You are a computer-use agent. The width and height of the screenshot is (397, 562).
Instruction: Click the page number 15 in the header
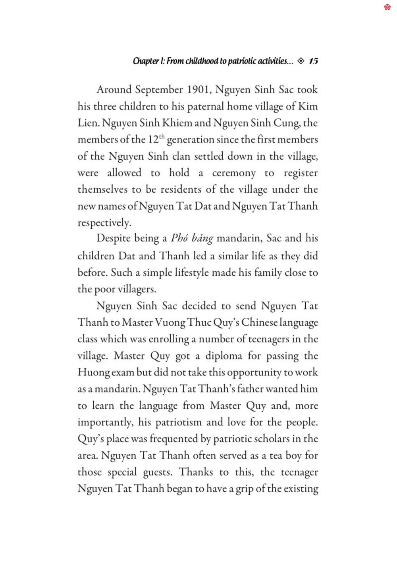coord(313,61)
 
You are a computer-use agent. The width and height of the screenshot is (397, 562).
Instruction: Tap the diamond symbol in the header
coord(301,61)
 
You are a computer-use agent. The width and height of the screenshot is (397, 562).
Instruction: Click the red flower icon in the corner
coord(387,7)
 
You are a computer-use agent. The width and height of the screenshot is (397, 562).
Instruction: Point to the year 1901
coord(198,90)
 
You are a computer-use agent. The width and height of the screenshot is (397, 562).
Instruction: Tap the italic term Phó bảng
coord(192,238)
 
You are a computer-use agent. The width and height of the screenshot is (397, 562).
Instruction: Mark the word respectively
coord(104,223)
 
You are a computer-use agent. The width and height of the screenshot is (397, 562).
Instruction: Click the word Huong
coord(94,373)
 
